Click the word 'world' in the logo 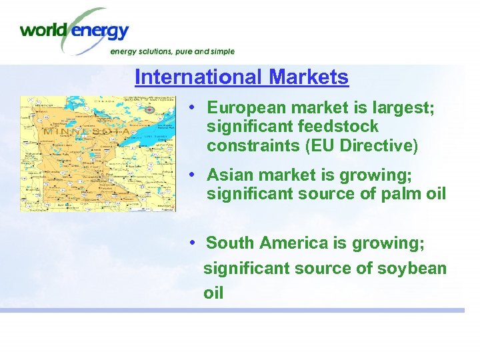click(41, 30)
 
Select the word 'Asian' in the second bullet click(227, 175)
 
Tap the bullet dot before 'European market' click(192, 107)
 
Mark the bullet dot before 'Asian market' click(192, 175)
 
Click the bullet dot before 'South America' click(192, 243)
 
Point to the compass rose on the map click(149, 109)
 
